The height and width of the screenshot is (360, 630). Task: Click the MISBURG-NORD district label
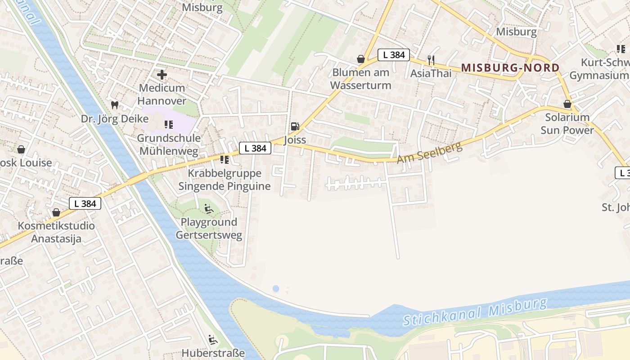tap(510, 68)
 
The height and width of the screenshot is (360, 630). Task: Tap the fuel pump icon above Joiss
tap(295, 126)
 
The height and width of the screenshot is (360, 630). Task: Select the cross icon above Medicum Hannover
tap(162, 74)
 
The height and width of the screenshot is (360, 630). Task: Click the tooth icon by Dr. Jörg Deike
tap(115, 105)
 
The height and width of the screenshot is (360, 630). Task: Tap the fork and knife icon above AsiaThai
tap(431, 60)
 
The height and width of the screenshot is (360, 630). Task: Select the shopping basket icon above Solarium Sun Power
tap(567, 104)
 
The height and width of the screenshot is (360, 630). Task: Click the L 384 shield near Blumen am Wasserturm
tap(393, 55)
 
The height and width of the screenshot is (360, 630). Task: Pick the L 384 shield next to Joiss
tap(255, 148)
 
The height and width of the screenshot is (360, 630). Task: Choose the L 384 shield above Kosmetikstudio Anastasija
tap(85, 203)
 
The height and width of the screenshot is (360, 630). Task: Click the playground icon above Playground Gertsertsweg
tap(208, 209)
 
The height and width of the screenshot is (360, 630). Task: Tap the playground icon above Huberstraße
tap(213, 340)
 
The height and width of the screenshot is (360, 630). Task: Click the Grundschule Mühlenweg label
tap(169, 144)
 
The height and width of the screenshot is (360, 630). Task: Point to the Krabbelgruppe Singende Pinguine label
tap(224, 180)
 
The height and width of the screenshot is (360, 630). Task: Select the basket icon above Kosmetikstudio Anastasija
tap(56, 212)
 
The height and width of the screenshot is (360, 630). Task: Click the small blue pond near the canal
tap(275, 288)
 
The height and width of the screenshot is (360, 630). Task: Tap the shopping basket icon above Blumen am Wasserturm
tap(360, 59)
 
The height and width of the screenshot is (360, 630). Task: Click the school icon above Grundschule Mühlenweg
tap(169, 125)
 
